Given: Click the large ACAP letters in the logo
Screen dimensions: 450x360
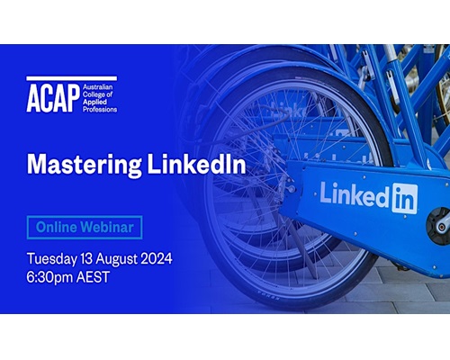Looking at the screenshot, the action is [51, 98].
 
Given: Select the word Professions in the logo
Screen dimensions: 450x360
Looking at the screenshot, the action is [100, 110].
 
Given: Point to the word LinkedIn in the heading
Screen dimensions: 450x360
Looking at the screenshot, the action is [196, 164].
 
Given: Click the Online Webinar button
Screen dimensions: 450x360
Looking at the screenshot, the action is [85, 228].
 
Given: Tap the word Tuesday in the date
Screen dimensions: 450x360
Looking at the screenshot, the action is [52, 259].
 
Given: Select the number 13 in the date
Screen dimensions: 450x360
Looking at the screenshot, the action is [86, 258].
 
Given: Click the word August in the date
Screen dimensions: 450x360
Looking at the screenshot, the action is [117, 259].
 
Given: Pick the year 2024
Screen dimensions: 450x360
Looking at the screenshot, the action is [157, 258].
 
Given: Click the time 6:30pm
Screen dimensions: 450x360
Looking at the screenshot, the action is [49, 278].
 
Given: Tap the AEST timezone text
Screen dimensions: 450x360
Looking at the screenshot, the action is [93, 277].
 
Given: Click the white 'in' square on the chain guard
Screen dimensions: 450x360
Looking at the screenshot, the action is [405, 198].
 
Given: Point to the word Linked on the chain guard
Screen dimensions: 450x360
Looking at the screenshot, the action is [355, 194].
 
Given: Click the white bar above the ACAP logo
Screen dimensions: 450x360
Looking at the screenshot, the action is [72, 78].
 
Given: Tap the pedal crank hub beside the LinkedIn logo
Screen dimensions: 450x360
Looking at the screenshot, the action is [439, 226].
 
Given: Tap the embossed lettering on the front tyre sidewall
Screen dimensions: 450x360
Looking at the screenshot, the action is [265, 295].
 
